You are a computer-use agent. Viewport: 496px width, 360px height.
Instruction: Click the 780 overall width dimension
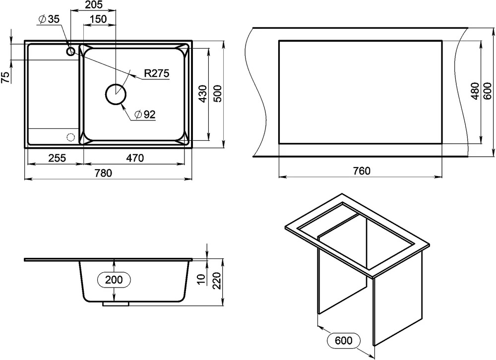[104, 173]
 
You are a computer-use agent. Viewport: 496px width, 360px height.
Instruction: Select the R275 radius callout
[157, 73]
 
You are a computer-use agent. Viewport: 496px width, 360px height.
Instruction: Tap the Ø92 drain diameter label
[145, 114]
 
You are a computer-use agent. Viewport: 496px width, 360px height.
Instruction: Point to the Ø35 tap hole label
[49, 19]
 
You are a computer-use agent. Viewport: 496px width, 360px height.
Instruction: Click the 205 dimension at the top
[94, 5]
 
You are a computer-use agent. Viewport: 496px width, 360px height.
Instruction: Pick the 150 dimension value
[98, 19]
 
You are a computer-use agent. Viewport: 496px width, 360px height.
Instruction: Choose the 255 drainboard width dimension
[57, 158]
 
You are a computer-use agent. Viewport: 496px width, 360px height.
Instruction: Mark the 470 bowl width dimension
[135, 158]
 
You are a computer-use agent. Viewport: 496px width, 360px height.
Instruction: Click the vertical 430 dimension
[203, 94]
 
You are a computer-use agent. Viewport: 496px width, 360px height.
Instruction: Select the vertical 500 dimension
[219, 94]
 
